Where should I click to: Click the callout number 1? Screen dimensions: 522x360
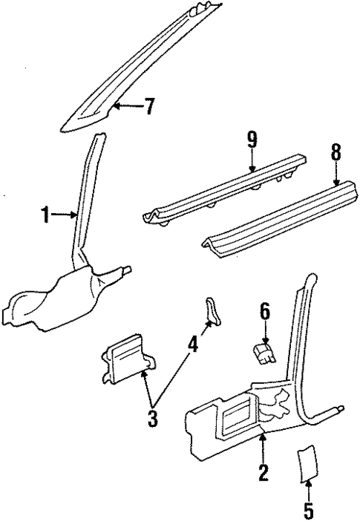46,216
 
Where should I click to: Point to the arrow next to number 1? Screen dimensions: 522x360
67,216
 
